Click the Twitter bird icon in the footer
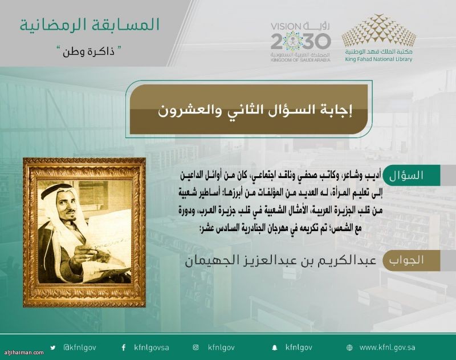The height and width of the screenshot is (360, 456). (x=52, y=347)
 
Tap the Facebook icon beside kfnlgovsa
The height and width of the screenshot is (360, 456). (x=124, y=347)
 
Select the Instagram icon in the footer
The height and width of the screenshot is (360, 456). (x=196, y=347)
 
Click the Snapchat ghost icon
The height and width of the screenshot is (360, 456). (x=274, y=348)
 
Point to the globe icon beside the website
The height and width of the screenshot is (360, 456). (x=349, y=348)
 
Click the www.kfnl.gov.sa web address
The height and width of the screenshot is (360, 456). (x=388, y=347)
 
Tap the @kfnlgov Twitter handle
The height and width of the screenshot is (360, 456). (x=80, y=347)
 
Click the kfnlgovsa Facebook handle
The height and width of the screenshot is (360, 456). (x=152, y=348)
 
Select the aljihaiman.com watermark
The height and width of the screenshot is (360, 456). (x=22, y=353)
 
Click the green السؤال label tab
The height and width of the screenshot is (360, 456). (x=411, y=175)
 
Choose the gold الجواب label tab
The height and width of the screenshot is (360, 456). (x=411, y=260)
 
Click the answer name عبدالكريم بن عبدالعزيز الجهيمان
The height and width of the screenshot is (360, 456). (x=280, y=261)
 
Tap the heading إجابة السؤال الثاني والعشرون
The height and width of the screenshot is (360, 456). (x=255, y=110)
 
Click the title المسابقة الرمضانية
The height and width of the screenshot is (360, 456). (x=89, y=25)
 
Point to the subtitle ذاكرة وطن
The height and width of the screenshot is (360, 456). (x=89, y=52)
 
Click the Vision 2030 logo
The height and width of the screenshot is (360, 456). (x=300, y=42)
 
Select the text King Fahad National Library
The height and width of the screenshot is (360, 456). (x=378, y=59)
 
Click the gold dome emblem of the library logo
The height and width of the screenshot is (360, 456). (x=378, y=31)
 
